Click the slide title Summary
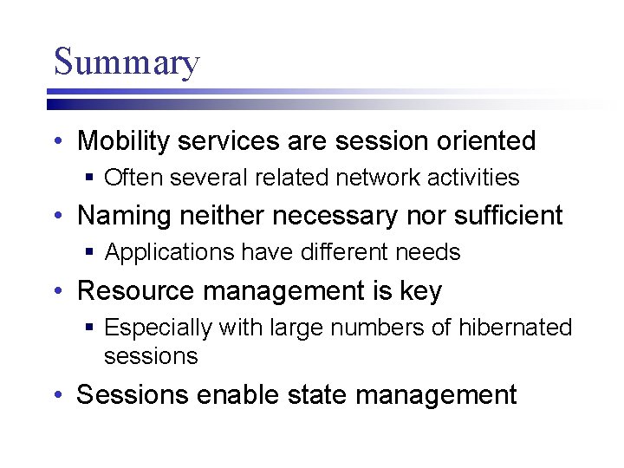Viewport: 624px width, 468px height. tap(127, 62)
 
